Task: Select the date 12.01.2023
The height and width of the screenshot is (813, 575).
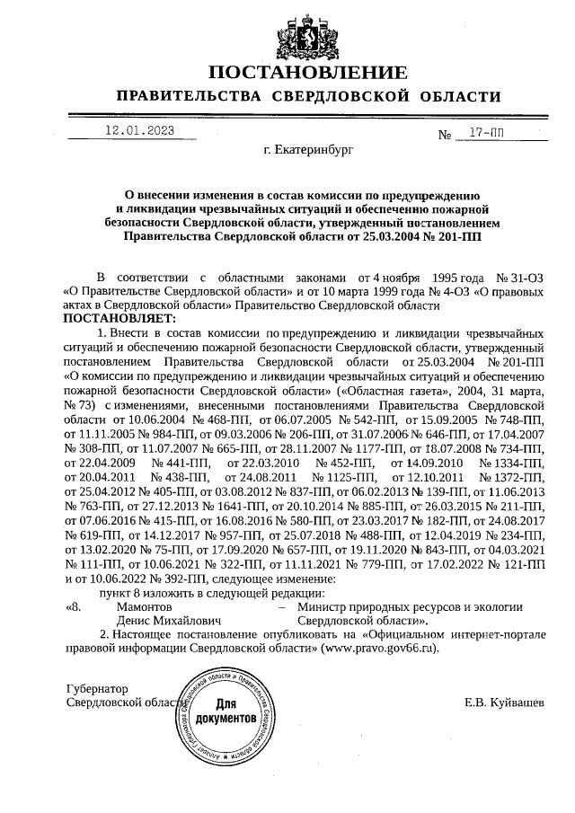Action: coord(139,131)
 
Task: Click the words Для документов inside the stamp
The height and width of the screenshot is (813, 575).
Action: coord(225,712)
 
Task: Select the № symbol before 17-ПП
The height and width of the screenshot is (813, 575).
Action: coord(444,137)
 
